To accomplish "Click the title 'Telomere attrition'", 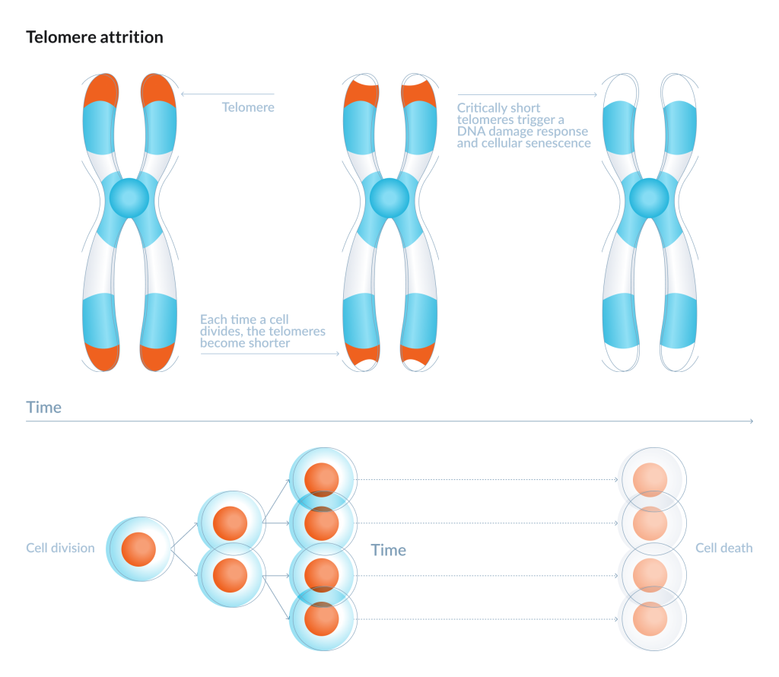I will click(94, 37).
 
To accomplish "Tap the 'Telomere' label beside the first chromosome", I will click(248, 107).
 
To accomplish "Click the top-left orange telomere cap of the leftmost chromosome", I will click(100, 90).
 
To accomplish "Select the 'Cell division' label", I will click(60, 548).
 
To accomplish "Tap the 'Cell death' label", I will click(723, 548).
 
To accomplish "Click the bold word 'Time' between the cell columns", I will click(388, 550).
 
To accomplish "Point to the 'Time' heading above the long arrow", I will click(43, 408).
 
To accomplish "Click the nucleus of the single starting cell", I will click(138, 548).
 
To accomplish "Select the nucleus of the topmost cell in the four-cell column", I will click(321, 480).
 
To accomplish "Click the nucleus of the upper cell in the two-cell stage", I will click(230, 526).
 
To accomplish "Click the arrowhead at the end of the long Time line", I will click(751, 421).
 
